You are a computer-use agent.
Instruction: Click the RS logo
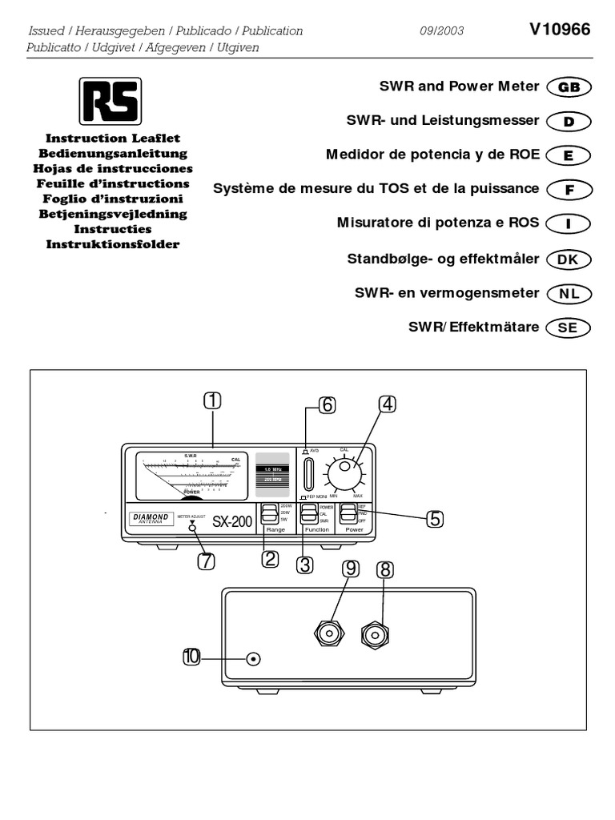click(110, 101)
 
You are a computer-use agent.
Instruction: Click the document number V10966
click(560, 30)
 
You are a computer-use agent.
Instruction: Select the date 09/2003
click(441, 31)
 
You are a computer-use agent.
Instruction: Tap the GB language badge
click(568, 87)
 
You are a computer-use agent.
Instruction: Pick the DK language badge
click(568, 259)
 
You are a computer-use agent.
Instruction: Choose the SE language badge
click(568, 328)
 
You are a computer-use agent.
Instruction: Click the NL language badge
click(568, 294)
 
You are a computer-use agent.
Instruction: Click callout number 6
click(326, 405)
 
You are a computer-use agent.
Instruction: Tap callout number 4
click(387, 404)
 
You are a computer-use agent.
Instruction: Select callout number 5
click(433, 518)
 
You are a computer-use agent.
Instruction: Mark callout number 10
click(191, 658)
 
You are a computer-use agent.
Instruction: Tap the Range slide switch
click(267, 512)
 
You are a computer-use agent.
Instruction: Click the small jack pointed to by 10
click(254, 659)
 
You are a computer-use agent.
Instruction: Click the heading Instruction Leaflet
click(113, 139)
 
